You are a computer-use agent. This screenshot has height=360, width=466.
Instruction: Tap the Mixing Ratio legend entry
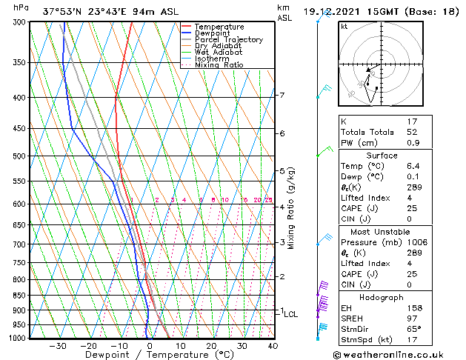click(219, 65)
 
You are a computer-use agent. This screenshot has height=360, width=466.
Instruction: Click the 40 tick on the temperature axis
click(273, 345)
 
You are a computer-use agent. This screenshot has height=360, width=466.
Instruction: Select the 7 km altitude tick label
click(282, 96)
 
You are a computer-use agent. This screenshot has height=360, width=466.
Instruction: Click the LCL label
click(290, 314)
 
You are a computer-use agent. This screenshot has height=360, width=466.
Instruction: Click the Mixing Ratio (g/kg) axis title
click(292, 208)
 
